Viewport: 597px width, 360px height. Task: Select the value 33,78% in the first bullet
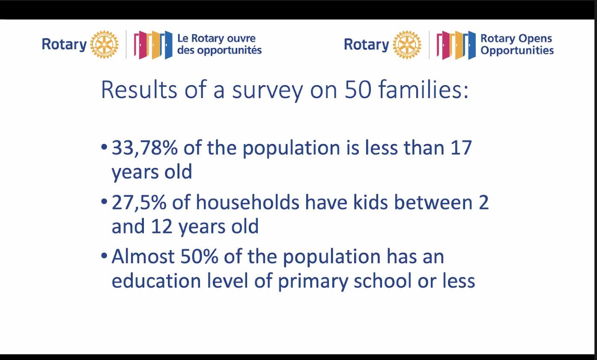click(x=144, y=148)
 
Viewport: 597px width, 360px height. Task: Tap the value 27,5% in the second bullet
click(x=139, y=202)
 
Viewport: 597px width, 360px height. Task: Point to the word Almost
click(x=143, y=256)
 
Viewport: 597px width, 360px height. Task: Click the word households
click(x=248, y=202)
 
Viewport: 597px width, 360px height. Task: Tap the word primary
click(x=313, y=282)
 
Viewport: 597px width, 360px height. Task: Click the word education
click(x=156, y=280)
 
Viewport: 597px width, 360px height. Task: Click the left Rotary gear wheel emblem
click(x=104, y=44)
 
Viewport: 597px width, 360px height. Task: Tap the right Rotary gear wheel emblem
click(x=407, y=45)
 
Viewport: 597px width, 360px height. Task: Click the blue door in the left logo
click(x=168, y=45)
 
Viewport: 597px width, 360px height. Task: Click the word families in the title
click(x=424, y=89)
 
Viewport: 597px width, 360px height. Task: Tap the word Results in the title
click(x=139, y=89)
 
